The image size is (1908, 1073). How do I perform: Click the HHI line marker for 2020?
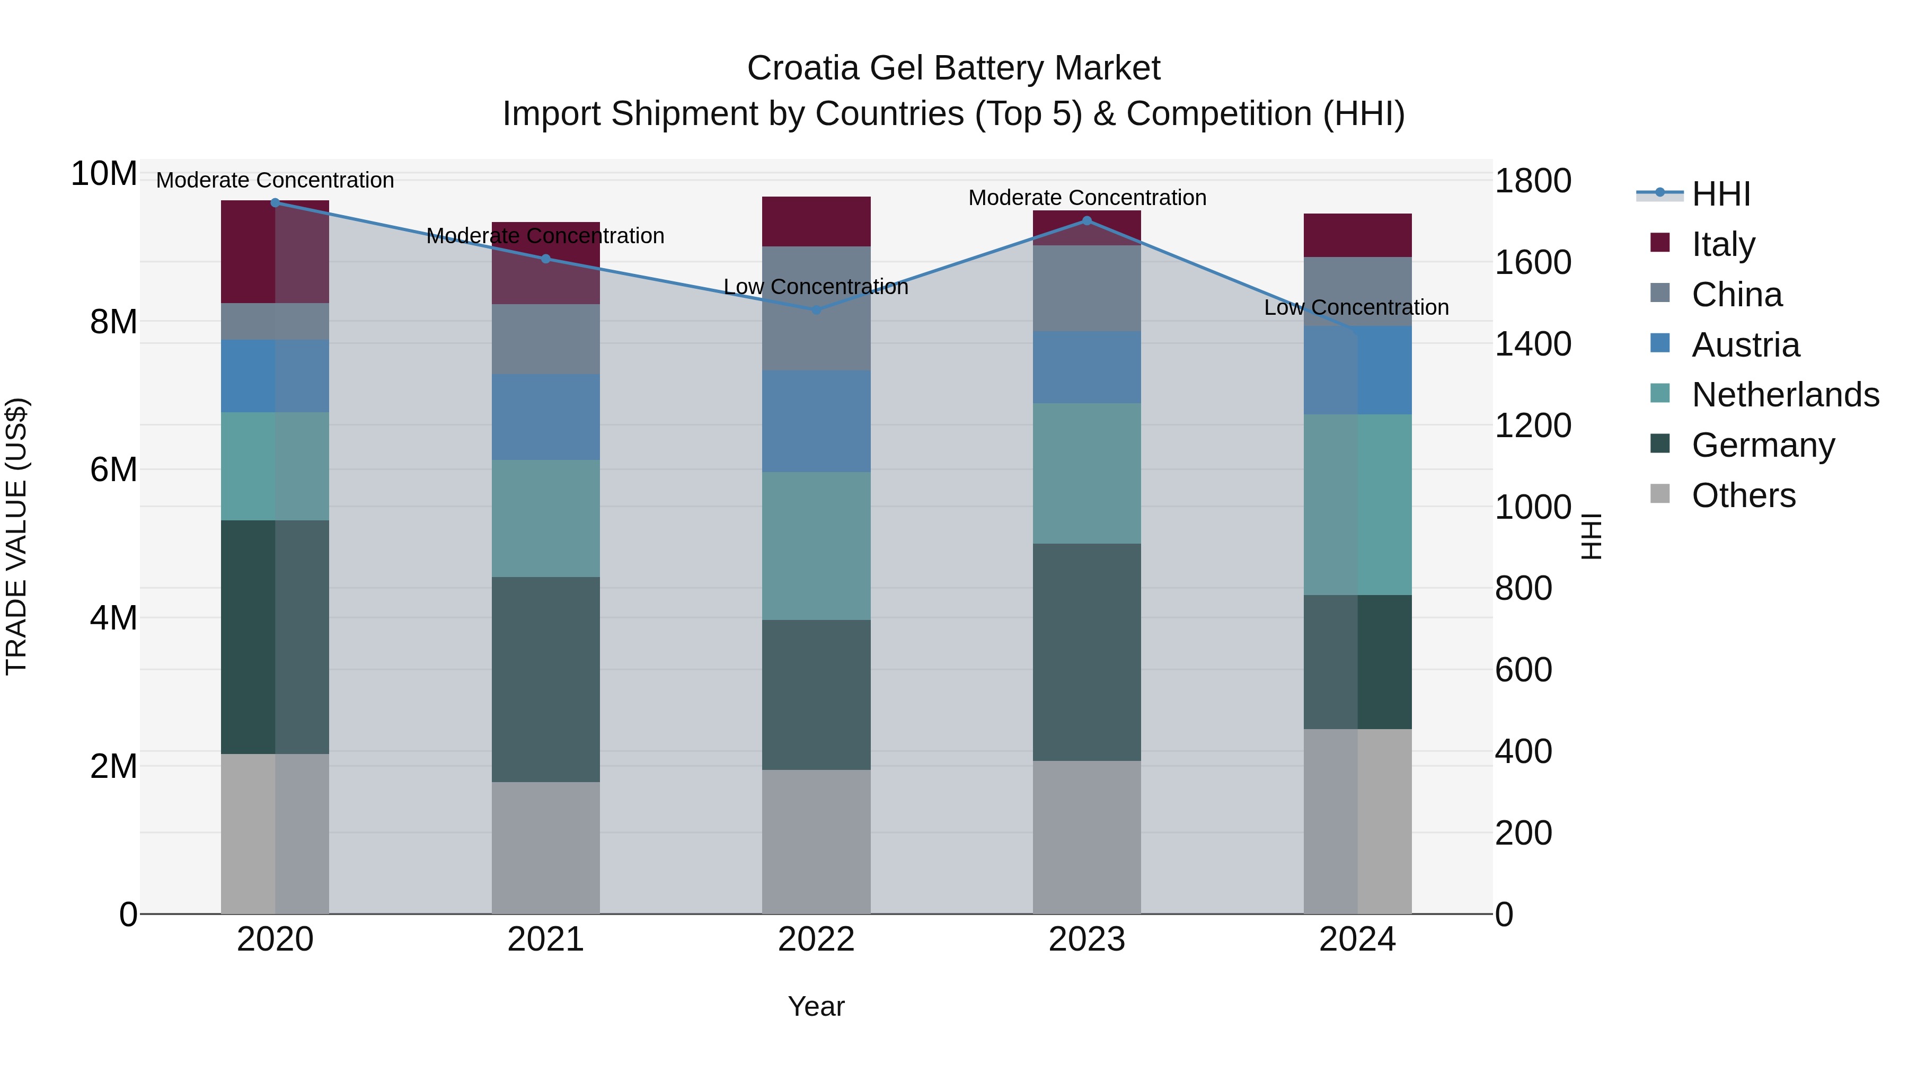click(x=275, y=202)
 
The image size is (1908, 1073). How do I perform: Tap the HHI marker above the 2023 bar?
click(x=1086, y=220)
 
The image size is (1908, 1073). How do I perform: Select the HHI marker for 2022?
click(x=816, y=309)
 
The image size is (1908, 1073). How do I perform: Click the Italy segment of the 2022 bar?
click(x=816, y=221)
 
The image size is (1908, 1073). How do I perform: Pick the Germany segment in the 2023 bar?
click(x=1086, y=652)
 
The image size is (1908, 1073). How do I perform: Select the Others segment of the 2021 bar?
click(x=545, y=847)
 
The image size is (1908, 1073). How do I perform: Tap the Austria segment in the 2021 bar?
click(x=545, y=417)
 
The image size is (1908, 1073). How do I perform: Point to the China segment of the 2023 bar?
click(x=1086, y=288)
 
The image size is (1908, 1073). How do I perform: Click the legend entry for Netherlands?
click(x=1785, y=395)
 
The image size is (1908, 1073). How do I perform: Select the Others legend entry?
click(x=1743, y=495)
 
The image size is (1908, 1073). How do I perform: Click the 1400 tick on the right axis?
click(x=1532, y=344)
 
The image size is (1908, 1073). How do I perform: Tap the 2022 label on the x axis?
click(x=816, y=939)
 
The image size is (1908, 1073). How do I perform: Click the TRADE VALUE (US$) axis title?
click(x=16, y=536)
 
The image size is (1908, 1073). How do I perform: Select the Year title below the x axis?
click(x=816, y=1006)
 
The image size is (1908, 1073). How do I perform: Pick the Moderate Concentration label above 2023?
click(x=1086, y=198)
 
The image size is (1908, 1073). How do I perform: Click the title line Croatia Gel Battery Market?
click(x=953, y=68)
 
